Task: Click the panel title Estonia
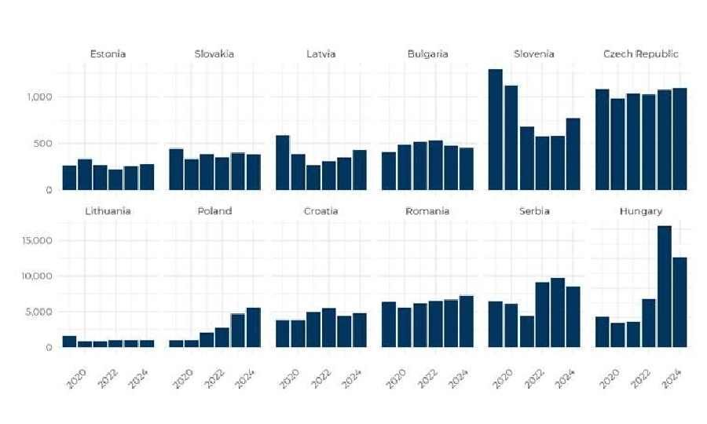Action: (x=108, y=54)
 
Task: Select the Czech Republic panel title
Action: (x=640, y=54)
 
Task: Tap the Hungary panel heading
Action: (x=640, y=211)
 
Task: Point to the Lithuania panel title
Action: (x=108, y=211)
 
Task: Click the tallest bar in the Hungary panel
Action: (x=664, y=287)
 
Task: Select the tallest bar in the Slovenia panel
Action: (x=496, y=130)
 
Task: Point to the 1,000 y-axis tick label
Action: (x=38, y=97)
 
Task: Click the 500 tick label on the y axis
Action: (x=42, y=144)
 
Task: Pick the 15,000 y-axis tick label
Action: (x=35, y=241)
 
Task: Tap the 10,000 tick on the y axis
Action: (x=35, y=276)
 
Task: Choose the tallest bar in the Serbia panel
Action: (x=557, y=313)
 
